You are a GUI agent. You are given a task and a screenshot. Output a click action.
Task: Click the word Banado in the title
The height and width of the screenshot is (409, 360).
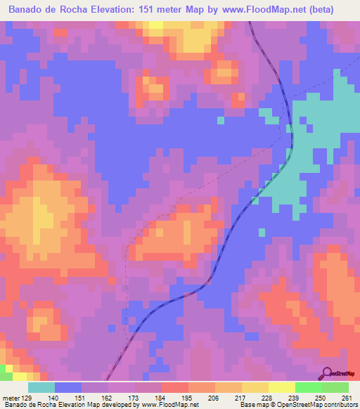(33, 10)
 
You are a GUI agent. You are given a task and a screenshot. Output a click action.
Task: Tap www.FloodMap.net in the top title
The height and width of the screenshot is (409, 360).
(259, 10)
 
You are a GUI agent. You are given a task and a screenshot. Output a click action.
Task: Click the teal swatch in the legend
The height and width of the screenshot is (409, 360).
(41, 387)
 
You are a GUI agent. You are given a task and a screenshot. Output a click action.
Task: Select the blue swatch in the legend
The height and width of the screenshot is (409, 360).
(68, 387)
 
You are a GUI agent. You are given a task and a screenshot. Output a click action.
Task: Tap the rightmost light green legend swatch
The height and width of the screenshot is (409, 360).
(335, 387)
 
